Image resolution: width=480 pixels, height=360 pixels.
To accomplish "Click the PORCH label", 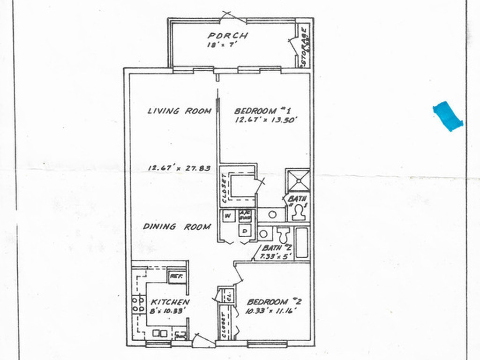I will click(x=228, y=36).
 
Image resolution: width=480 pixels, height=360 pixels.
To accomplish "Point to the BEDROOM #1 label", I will click(x=263, y=111).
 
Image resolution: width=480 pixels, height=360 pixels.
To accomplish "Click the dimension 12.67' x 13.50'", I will click(x=265, y=120).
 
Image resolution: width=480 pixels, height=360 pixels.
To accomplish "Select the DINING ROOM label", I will click(x=177, y=226).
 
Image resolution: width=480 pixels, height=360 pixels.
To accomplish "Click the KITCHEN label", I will click(x=169, y=302).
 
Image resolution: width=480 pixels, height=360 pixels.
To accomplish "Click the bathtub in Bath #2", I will click(x=302, y=243).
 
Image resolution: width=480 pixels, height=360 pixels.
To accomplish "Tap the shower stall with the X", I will click(x=298, y=180).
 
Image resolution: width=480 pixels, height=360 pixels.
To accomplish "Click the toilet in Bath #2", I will click(x=283, y=234).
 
